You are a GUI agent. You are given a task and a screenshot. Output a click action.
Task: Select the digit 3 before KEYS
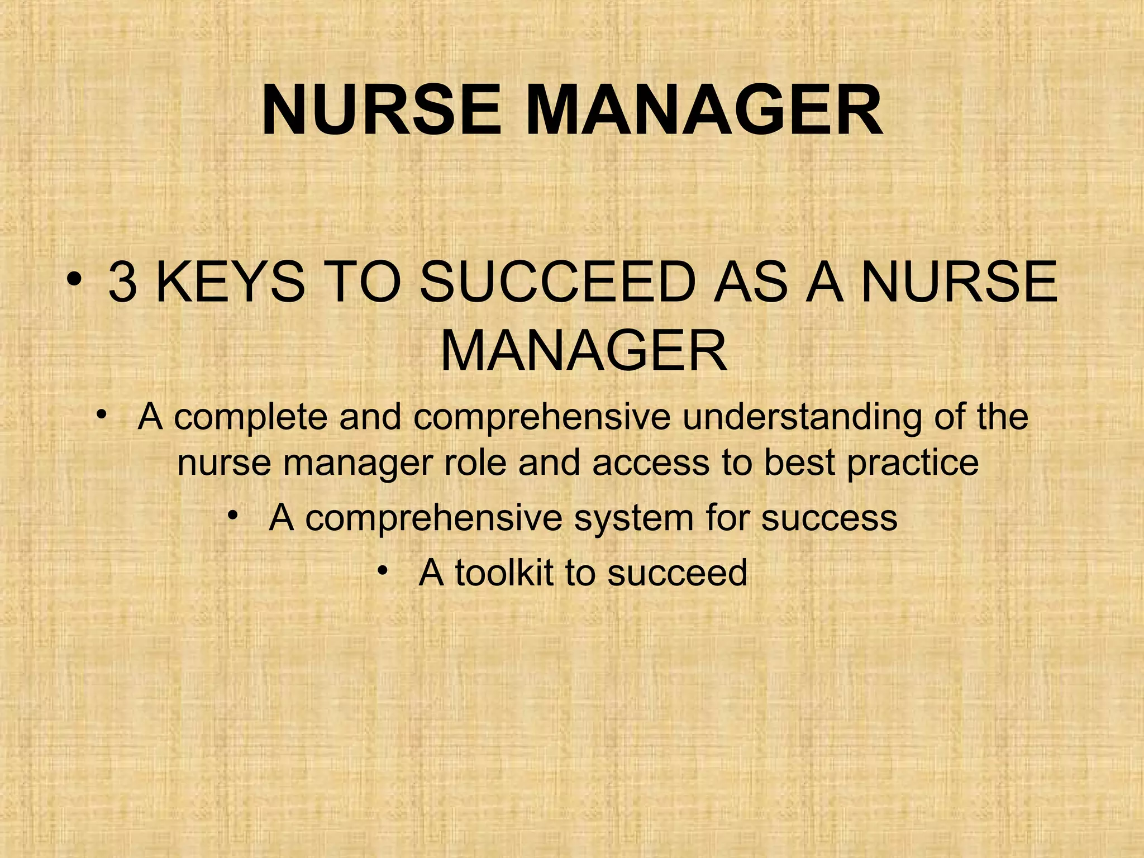(x=123, y=283)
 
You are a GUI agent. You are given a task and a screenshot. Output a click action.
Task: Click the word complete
(x=250, y=417)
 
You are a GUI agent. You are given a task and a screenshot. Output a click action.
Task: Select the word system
(x=634, y=518)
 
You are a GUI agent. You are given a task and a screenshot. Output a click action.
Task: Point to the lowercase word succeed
(x=677, y=573)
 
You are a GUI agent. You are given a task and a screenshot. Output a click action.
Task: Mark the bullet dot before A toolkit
(x=382, y=570)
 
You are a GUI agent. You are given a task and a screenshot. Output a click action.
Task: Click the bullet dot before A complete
(x=100, y=414)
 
